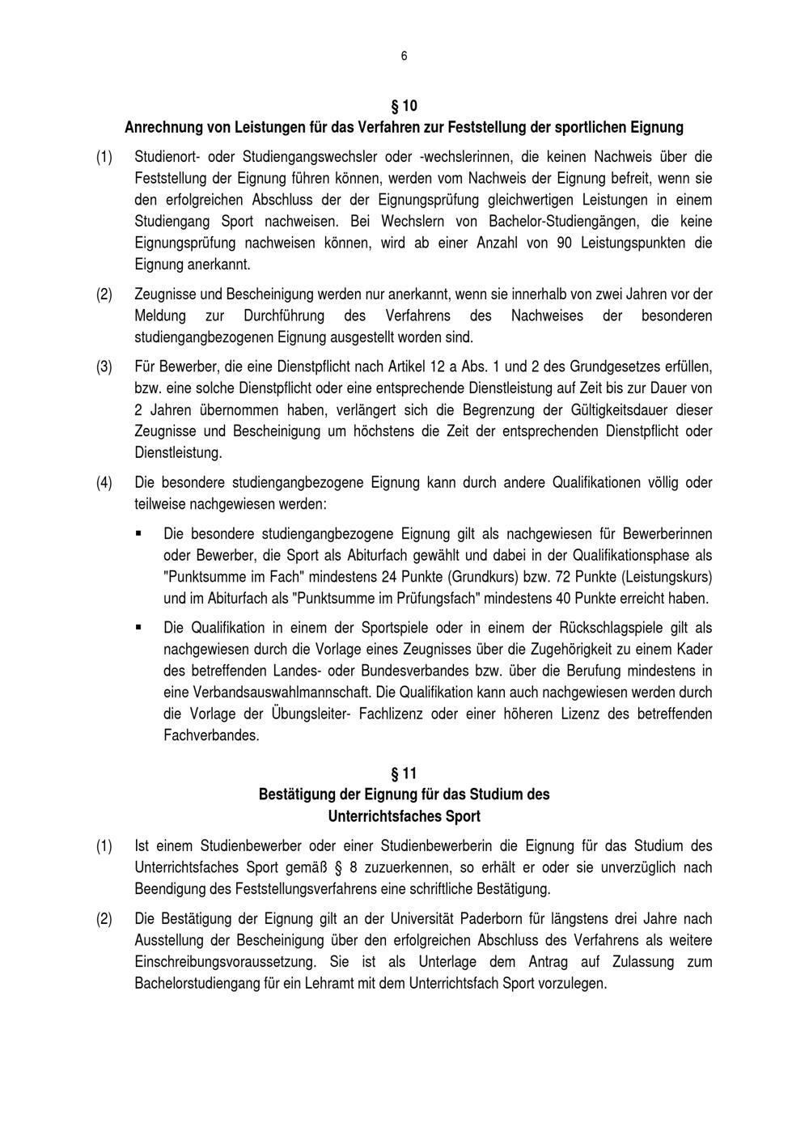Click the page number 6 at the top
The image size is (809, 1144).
(404, 56)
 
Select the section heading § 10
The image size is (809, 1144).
(404, 106)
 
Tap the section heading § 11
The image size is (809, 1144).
(404, 773)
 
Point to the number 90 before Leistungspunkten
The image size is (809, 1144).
(565, 243)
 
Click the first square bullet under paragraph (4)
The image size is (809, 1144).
(138, 533)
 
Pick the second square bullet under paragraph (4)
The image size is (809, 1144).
(138, 627)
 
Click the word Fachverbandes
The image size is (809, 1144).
(211, 736)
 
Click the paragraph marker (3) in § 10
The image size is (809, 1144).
(104, 367)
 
